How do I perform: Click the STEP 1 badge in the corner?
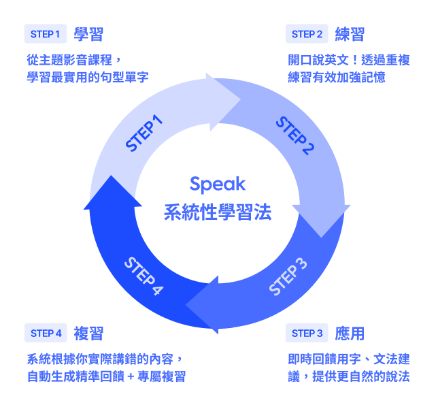click(x=45, y=34)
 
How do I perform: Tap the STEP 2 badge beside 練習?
click(x=307, y=34)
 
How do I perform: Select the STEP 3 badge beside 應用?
click(x=307, y=333)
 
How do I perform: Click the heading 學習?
click(x=88, y=34)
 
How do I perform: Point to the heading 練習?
click(x=350, y=34)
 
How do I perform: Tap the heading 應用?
click(x=350, y=333)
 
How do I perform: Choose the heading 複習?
click(x=89, y=333)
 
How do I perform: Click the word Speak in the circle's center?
click(x=218, y=184)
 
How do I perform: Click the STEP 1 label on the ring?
click(x=145, y=133)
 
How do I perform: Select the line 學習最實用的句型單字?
click(x=87, y=77)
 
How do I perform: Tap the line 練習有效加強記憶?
click(x=337, y=77)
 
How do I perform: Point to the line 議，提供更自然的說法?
click(x=349, y=376)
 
